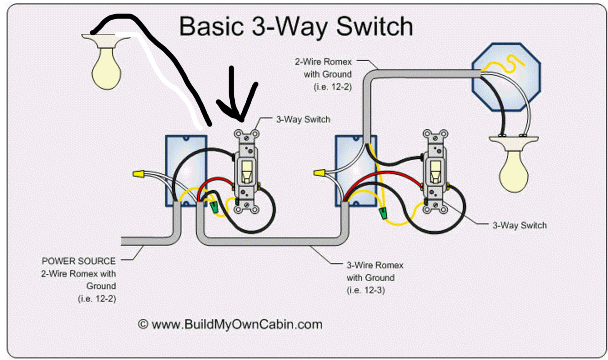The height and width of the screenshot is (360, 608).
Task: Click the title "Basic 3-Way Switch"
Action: [296, 27]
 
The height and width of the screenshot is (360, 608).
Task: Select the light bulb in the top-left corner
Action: [106, 67]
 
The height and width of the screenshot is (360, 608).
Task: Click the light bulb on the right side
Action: [514, 171]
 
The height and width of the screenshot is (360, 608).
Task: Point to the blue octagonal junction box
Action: [506, 77]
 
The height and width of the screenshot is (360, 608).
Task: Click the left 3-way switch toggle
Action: [246, 171]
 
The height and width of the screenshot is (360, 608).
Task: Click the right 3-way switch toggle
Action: [435, 171]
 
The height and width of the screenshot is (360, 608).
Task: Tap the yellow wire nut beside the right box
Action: [319, 172]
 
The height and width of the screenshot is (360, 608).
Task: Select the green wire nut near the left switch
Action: [214, 207]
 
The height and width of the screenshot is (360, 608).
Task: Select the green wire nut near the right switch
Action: [382, 214]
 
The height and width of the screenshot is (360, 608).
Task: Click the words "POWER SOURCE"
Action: [78, 261]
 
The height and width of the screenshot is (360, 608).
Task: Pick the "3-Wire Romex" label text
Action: [374, 265]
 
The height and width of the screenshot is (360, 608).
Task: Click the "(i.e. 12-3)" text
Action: [365, 290]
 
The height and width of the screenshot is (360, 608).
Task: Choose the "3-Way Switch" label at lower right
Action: [519, 225]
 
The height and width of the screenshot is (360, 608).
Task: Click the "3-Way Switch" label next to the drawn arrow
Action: [303, 120]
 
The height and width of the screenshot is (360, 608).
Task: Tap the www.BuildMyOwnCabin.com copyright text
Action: [230, 324]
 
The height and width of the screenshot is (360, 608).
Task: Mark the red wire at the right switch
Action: [384, 176]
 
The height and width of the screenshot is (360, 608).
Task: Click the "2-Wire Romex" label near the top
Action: [323, 62]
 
